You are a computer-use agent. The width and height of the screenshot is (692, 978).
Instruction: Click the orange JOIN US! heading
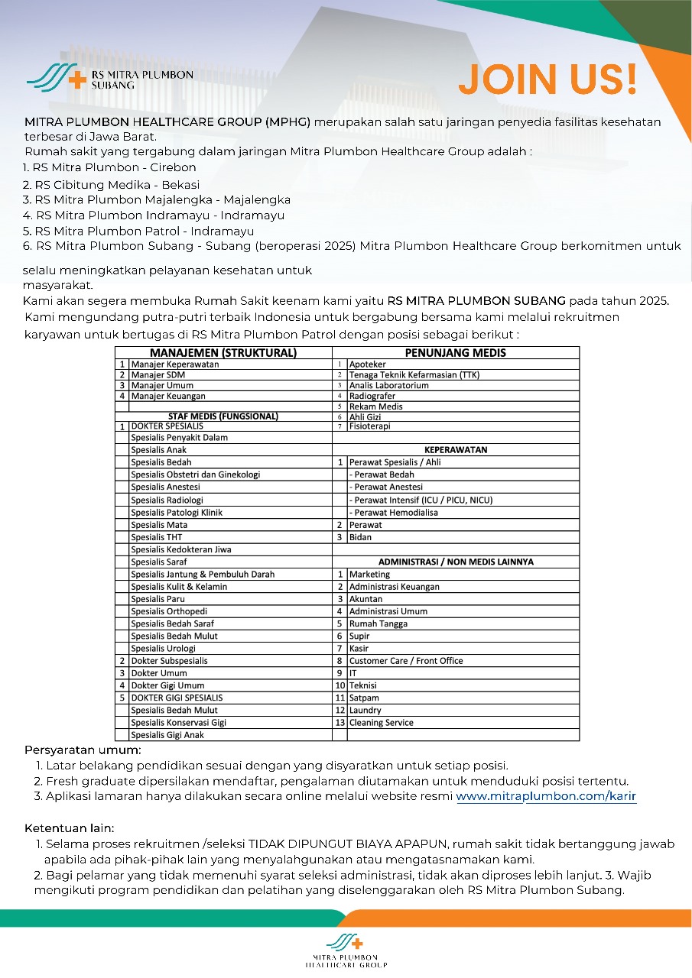point(547,79)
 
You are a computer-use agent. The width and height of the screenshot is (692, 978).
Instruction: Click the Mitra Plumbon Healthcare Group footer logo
point(346,950)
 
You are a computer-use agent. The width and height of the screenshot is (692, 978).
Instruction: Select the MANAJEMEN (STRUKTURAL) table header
point(223,353)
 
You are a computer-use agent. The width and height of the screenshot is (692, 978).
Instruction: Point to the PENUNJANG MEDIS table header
point(455,353)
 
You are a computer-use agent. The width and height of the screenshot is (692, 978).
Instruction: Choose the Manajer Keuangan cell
point(168,396)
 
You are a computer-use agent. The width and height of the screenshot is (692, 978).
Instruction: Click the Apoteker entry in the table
point(368,364)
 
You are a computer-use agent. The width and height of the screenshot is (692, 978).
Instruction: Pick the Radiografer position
point(372,396)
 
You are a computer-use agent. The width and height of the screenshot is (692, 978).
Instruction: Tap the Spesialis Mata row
point(159,525)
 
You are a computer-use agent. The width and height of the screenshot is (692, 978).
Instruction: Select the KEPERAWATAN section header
point(456,450)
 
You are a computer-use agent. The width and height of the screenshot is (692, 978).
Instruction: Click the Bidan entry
point(360,537)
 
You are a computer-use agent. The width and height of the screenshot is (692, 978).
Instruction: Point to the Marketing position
point(369,574)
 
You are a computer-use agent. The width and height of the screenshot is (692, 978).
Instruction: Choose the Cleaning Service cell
point(382,722)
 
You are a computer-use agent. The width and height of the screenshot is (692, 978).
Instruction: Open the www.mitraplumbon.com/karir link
point(546,796)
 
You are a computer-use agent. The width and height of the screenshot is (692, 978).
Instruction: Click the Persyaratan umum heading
point(83,750)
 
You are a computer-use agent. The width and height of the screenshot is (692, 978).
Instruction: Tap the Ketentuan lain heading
point(70,828)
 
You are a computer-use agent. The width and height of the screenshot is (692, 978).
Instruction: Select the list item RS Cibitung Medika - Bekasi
point(111,184)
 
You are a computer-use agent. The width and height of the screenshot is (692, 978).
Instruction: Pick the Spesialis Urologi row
point(164,648)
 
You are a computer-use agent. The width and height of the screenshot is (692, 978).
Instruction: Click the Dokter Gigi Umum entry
point(167,685)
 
